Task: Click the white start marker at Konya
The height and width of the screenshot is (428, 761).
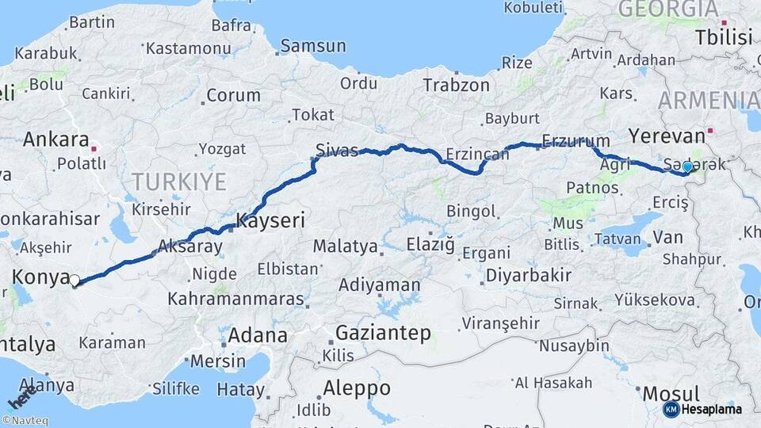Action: [x=75, y=280]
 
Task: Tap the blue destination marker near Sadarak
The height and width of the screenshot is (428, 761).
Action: [x=687, y=167]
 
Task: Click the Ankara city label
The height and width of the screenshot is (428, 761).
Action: [x=55, y=139]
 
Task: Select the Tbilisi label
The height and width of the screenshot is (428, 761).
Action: [x=722, y=36]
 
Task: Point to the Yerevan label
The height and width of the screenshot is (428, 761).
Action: [x=666, y=136]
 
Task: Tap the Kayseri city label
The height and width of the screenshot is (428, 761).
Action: [x=270, y=220]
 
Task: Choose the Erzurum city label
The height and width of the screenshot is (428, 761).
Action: [x=570, y=142]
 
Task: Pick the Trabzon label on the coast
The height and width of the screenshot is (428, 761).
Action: [x=456, y=85]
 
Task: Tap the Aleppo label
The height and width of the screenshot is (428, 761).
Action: [x=356, y=388]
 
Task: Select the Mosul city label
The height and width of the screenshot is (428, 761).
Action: [x=671, y=393]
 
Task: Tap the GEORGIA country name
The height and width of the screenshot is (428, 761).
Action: [x=667, y=10]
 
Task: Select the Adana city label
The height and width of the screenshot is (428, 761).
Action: [x=257, y=335]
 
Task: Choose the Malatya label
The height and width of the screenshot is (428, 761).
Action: [x=345, y=246]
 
